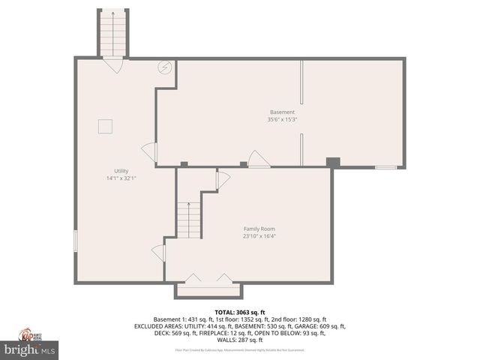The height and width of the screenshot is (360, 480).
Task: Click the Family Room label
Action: [x=259, y=228]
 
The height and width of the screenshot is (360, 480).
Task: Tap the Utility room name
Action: [x=121, y=171]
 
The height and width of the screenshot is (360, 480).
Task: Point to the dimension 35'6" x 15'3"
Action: [x=281, y=119]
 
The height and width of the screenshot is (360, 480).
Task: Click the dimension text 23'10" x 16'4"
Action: [x=259, y=235]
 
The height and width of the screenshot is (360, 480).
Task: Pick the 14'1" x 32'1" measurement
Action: [x=121, y=178]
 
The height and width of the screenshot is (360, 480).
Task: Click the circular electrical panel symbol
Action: [x=164, y=68]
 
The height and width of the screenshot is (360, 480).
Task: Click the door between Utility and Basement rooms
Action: [x=150, y=154]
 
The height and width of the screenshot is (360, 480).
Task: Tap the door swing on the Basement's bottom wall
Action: [x=258, y=159]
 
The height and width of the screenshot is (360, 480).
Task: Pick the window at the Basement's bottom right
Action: [x=386, y=167]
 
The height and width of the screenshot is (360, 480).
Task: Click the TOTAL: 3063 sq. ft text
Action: [x=240, y=312]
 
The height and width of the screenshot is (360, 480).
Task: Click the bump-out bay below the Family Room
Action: [x=208, y=289]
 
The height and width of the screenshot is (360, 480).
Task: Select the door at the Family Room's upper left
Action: [x=222, y=180]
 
